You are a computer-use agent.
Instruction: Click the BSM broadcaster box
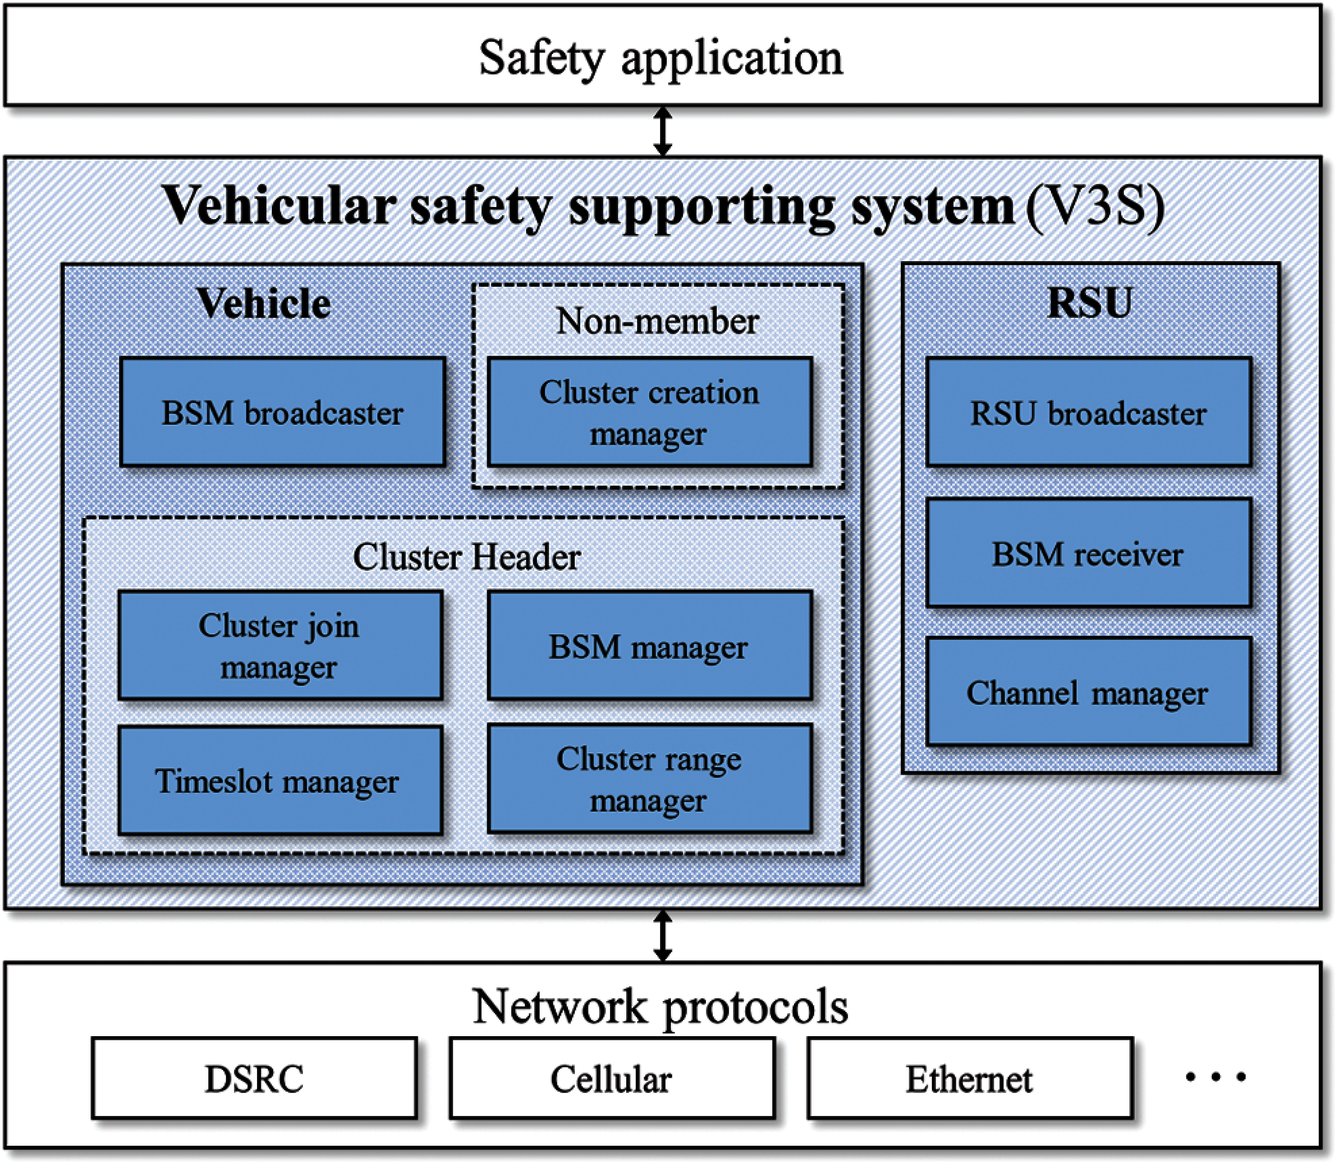click(x=283, y=412)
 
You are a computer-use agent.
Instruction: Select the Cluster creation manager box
click(x=649, y=412)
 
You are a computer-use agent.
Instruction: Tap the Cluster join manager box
click(x=280, y=645)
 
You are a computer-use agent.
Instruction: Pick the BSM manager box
click(x=649, y=645)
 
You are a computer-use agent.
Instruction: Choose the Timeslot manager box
click(x=280, y=780)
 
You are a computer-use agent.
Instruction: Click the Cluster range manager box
click(x=649, y=778)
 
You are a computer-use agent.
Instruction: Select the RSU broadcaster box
click(x=1088, y=412)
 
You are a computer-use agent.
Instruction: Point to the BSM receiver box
click(x=1088, y=553)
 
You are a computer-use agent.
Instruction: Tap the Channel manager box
click(x=1088, y=692)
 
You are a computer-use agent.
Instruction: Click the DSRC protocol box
click(x=254, y=1078)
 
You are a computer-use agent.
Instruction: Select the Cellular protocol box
click(x=611, y=1078)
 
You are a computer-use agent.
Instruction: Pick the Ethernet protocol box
click(x=969, y=1078)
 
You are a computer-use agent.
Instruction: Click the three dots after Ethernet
click(x=1215, y=1077)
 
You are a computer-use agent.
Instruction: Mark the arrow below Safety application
click(x=663, y=131)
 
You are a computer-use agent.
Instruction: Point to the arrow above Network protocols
click(x=663, y=935)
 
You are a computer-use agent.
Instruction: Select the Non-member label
click(x=657, y=321)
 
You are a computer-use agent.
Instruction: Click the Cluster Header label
click(x=467, y=557)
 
